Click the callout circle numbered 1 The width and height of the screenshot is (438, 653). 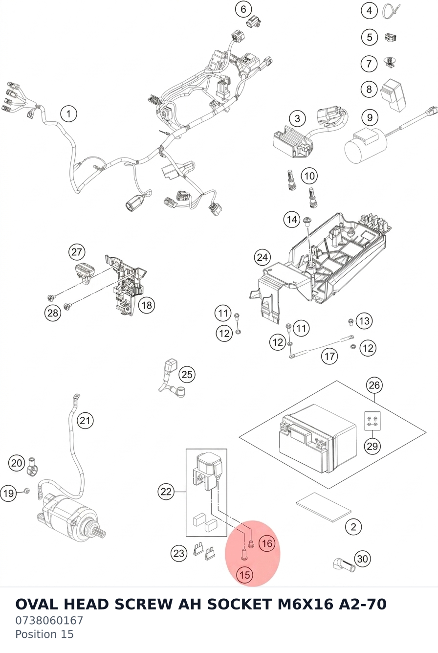click(x=69, y=113)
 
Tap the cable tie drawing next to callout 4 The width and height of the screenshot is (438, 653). click(x=391, y=11)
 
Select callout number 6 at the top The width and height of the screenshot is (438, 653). click(x=243, y=9)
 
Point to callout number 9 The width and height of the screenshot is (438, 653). click(x=370, y=117)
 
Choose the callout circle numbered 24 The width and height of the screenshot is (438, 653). click(x=263, y=257)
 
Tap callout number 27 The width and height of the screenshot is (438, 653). click(x=77, y=252)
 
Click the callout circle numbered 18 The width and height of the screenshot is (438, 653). click(x=147, y=305)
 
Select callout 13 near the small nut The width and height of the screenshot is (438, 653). click(x=364, y=321)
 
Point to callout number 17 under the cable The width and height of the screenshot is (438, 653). click(x=329, y=356)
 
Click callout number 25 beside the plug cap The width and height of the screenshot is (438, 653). click(x=187, y=375)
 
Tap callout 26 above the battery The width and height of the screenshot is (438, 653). click(x=374, y=385)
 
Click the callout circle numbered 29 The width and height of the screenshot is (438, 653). click(x=372, y=446)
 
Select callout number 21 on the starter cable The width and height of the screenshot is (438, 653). click(x=85, y=421)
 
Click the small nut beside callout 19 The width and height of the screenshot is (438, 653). click(x=26, y=491)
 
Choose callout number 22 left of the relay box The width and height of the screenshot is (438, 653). click(x=166, y=492)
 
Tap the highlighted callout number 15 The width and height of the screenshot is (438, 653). click(x=245, y=575)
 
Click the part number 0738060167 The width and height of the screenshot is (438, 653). click(x=49, y=621)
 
